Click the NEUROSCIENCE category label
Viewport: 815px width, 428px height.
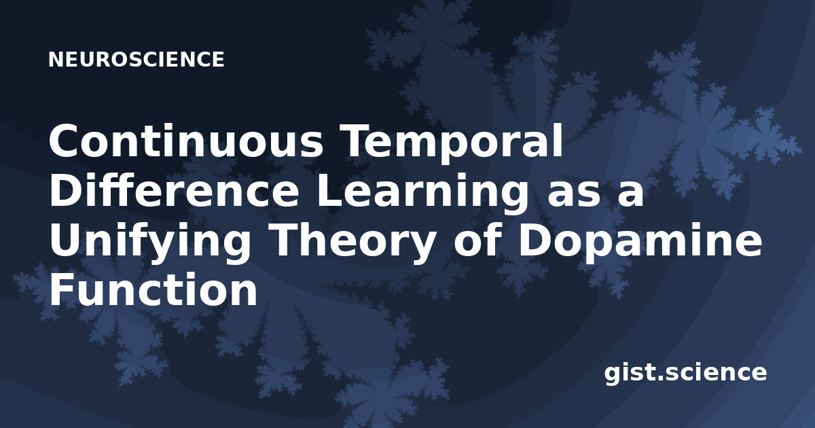(x=136, y=60)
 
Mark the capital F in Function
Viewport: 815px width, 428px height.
(x=62, y=289)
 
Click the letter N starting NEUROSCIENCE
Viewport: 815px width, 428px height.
(x=56, y=60)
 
